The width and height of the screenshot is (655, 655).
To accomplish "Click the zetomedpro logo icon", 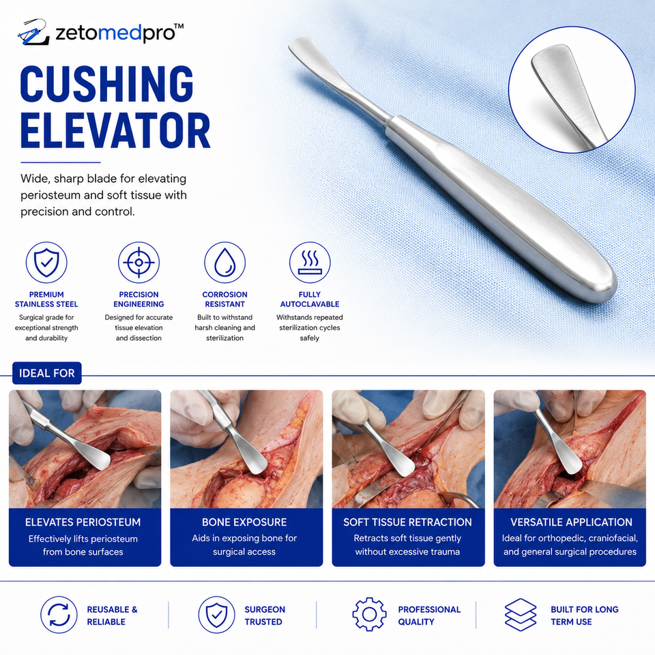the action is pyautogui.click(x=33, y=32).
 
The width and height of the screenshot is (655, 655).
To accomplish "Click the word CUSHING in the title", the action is pyautogui.click(x=106, y=84).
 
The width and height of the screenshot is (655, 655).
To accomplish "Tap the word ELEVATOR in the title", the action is pyautogui.click(x=115, y=131).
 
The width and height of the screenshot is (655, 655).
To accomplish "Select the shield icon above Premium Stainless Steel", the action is pyautogui.click(x=46, y=262).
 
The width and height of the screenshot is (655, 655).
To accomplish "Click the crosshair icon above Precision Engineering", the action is pyautogui.click(x=139, y=262).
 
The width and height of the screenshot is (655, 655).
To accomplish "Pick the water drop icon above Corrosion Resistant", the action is pyautogui.click(x=224, y=262).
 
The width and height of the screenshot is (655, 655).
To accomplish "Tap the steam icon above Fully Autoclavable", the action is pyautogui.click(x=310, y=262).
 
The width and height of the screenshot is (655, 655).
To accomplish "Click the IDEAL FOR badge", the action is pyautogui.click(x=47, y=373).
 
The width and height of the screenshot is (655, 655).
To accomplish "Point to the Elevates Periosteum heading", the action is pyautogui.click(x=83, y=522).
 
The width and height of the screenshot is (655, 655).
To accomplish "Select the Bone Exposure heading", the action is pyautogui.click(x=244, y=522).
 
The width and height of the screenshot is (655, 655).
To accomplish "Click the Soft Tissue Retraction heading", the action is pyautogui.click(x=408, y=522).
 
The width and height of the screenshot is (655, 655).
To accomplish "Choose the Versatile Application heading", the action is pyautogui.click(x=571, y=522).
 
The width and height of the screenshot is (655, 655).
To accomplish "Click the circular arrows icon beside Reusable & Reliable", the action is pyautogui.click(x=59, y=615).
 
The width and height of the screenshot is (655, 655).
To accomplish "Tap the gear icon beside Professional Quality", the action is pyautogui.click(x=369, y=615).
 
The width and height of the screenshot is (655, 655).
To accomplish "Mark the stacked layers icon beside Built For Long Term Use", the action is pyautogui.click(x=521, y=615).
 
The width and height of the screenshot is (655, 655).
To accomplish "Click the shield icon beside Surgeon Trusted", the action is pyautogui.click(x=217, y=615).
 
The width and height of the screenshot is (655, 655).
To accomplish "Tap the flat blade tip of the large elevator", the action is pyautogui.click(x=299, y=44).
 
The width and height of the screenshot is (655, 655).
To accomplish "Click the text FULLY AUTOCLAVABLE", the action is pyautogui.click(x=310, y=300).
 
